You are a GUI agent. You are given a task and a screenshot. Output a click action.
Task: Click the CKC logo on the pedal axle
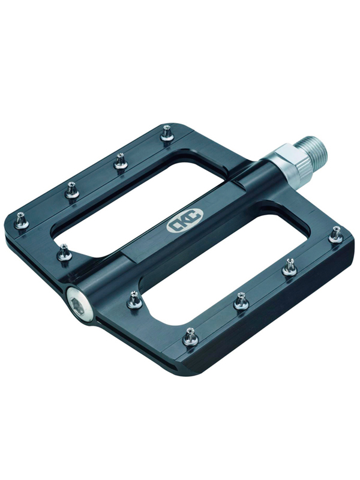pos(185,220)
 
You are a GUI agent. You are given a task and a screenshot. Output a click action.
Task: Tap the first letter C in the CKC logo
pos(174,226)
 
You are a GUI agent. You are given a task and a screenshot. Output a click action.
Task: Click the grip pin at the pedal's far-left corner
pos(22,220)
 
